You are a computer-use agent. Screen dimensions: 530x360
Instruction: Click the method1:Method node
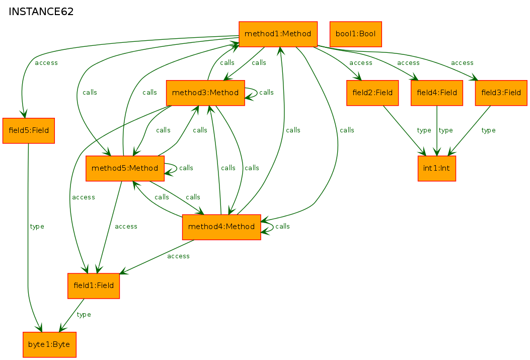[x=278, y=34]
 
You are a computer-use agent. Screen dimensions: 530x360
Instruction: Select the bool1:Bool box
[x=355, y=34]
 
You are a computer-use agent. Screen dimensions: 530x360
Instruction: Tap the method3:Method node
[x=205, y=93]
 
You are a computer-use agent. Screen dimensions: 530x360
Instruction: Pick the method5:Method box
[x=125, y=168]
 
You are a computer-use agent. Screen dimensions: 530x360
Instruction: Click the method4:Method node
[x=221, y=227]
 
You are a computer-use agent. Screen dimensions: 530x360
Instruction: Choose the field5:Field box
[x=29, y=130]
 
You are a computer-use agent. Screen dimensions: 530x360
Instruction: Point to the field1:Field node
[x=94, y=285]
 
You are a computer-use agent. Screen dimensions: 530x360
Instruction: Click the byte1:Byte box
[x=49, y=344]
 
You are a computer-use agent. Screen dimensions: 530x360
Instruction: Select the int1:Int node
[x=437, y=168]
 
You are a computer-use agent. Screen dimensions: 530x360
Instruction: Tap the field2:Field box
[x=372, y=93]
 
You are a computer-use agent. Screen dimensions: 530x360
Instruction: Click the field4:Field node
[x=437, y=93]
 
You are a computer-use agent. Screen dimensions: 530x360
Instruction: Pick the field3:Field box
[x=501, y=93]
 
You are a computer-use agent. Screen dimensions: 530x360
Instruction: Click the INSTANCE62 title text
[x=41, y=12]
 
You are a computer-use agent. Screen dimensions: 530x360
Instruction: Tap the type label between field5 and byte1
[x=37, y=227]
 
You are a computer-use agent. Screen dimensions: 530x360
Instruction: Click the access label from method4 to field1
[x=178, y=256]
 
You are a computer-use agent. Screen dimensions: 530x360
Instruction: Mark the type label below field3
[x=488, y=130]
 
